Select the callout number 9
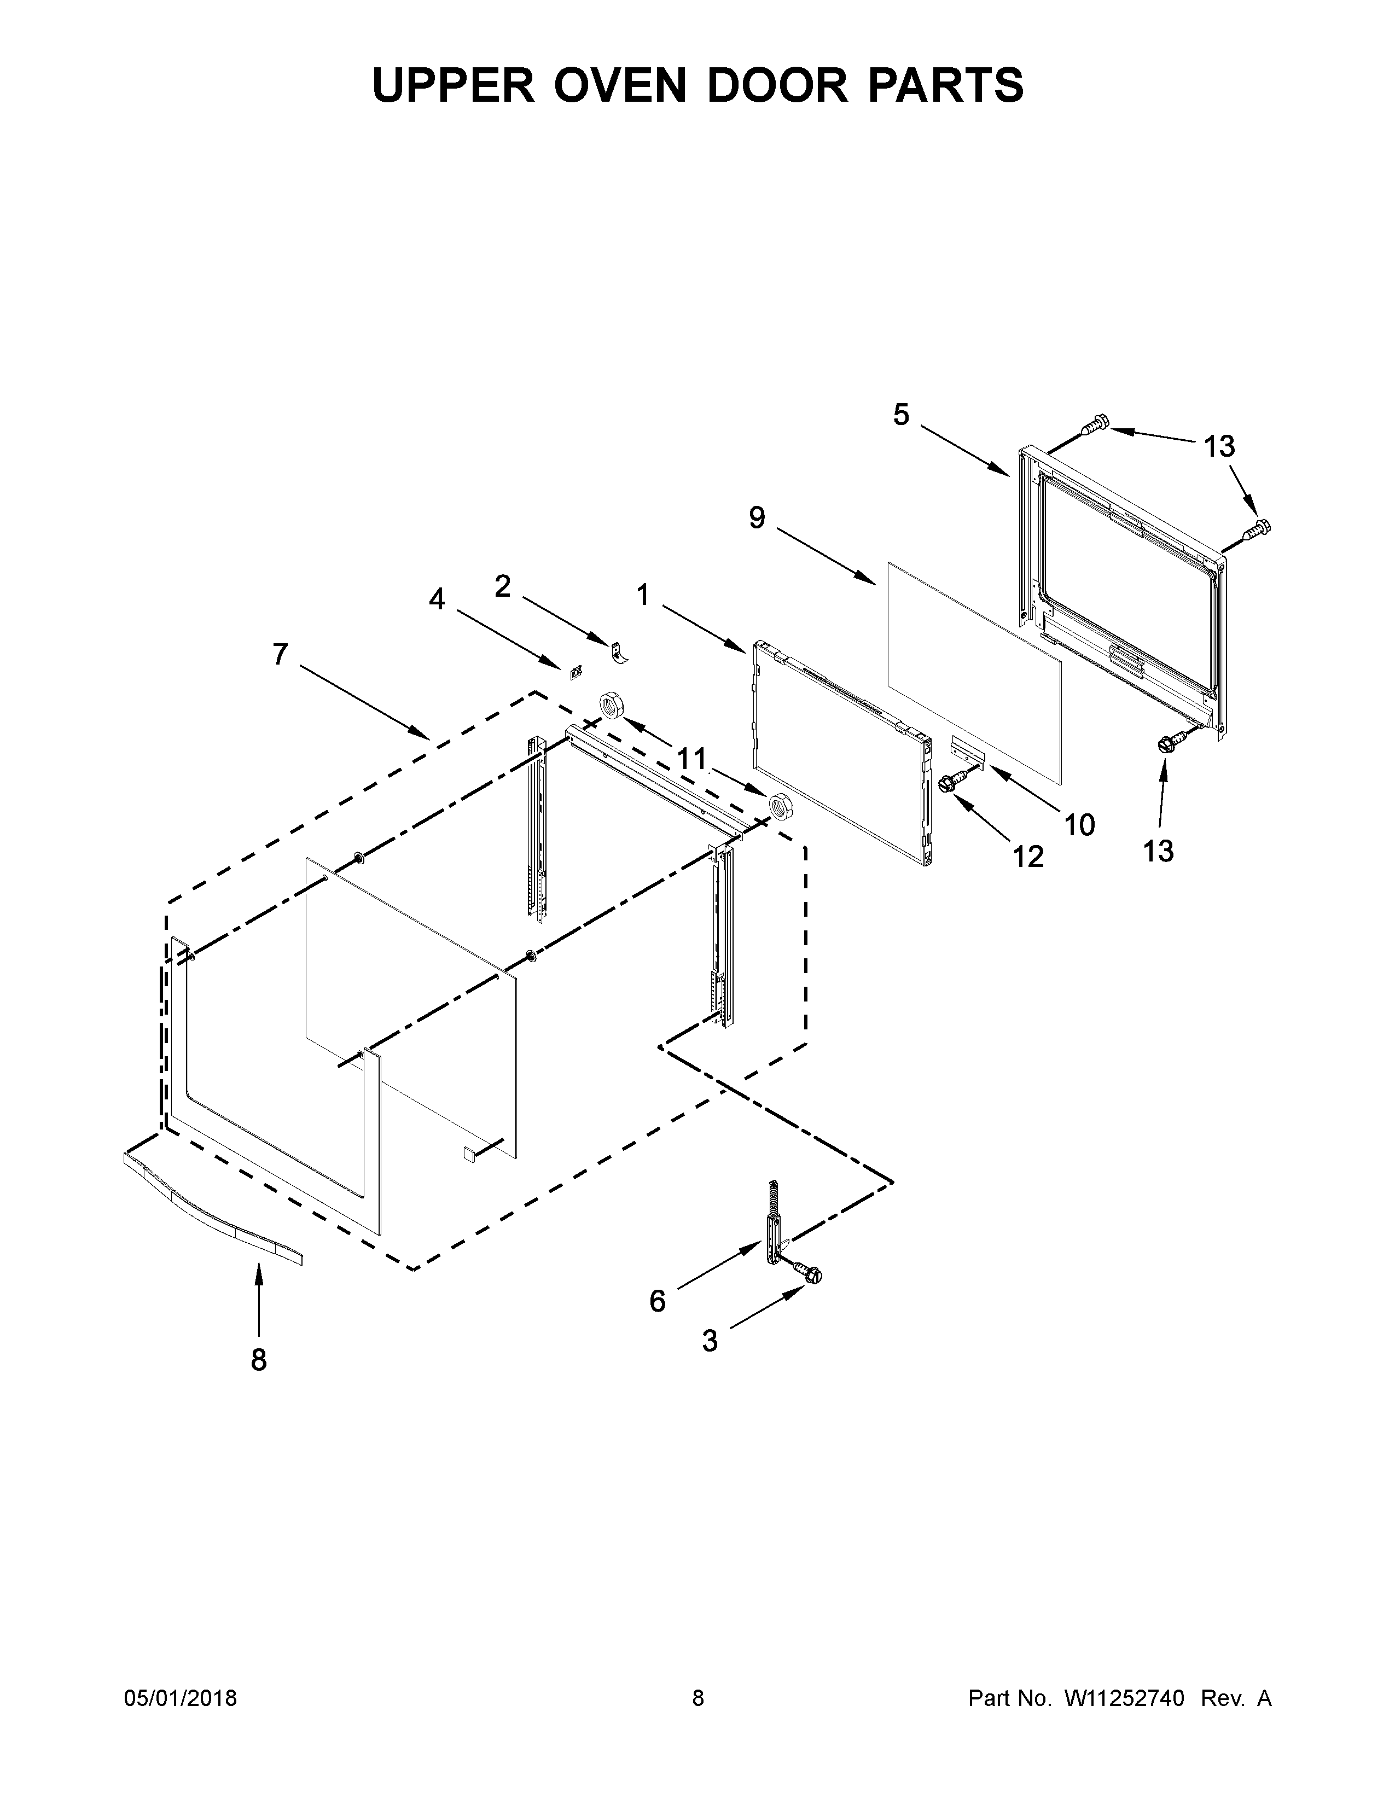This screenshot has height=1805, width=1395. [x=757, y=518]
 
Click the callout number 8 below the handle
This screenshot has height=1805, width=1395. [x=259, y=1360]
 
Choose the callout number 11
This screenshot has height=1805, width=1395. [x=691, y=759]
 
